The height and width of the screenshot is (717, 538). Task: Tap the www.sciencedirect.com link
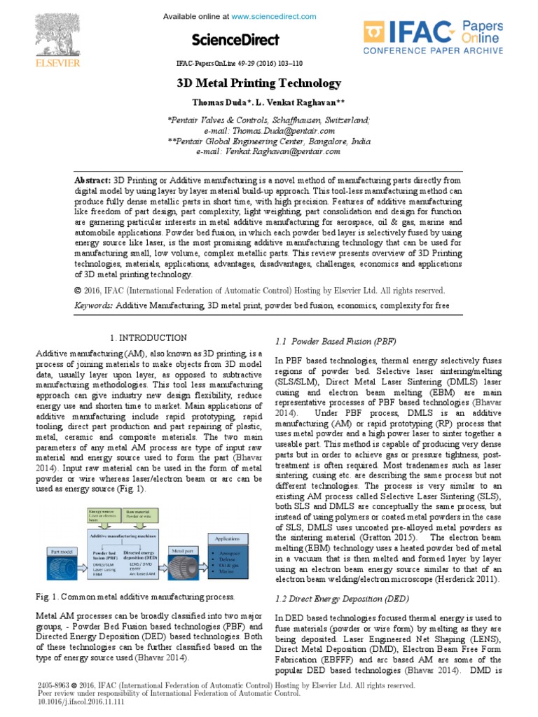pyautogui.click(x=267, y=16)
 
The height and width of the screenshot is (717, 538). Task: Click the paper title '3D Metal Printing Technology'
pyautogui.click(x=258, y=83)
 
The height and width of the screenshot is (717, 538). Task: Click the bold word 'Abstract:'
pyautogui.click(x=93, y=179)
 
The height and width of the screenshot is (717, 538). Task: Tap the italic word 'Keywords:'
pyautogui.click(x=94, y=306)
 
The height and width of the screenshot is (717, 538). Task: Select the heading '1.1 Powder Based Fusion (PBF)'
pyautogui.click(x=326, y=341)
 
